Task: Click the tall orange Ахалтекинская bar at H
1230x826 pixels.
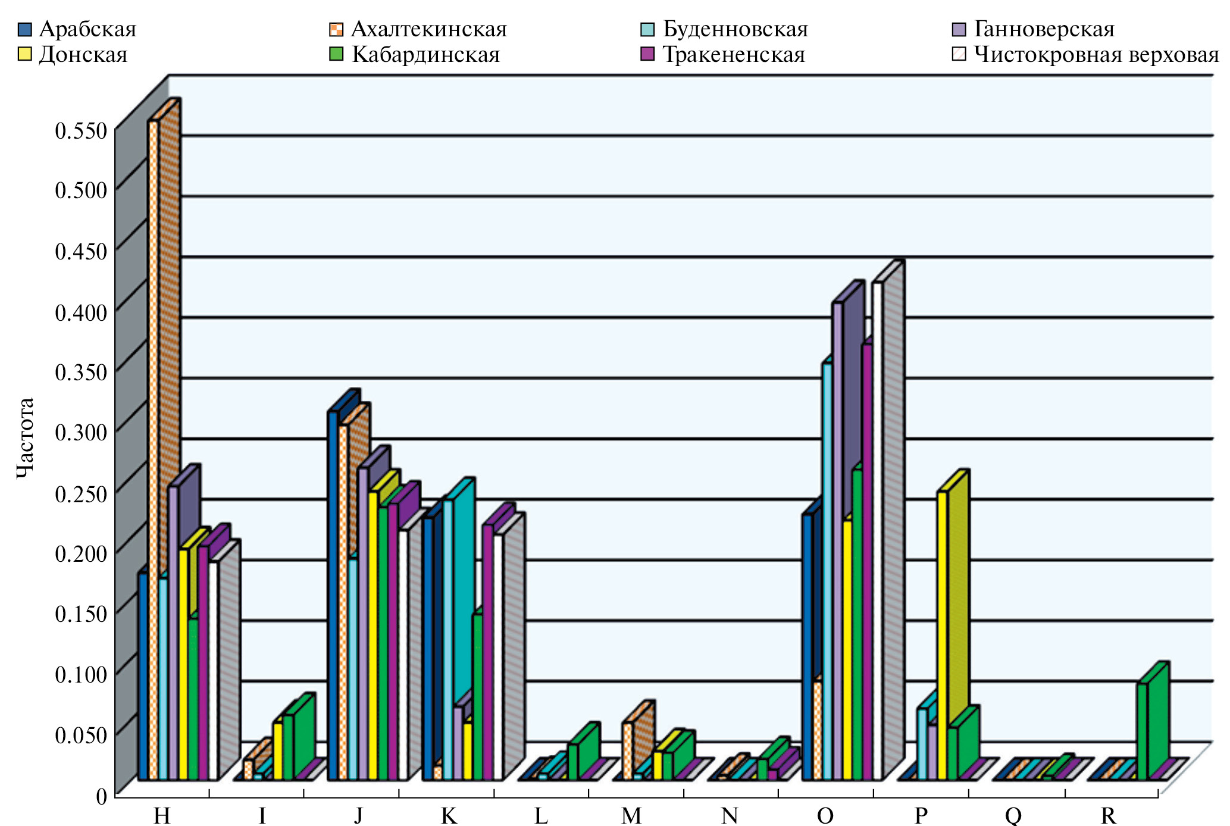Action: (153, 446)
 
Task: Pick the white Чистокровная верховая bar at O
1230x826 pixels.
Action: (877, 530)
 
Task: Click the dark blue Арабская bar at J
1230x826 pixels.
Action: (332, 595)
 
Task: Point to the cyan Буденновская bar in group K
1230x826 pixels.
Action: (448, 640)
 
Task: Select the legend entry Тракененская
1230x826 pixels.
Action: (733, 55)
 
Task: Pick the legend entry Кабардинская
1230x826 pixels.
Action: (425, 55)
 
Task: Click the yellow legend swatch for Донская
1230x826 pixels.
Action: (25, 55)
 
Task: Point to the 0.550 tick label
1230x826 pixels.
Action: (81, 131)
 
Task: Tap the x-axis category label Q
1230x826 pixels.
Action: (1013, 815)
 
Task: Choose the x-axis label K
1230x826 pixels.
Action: (449, 815)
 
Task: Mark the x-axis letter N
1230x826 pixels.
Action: (730, 815)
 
